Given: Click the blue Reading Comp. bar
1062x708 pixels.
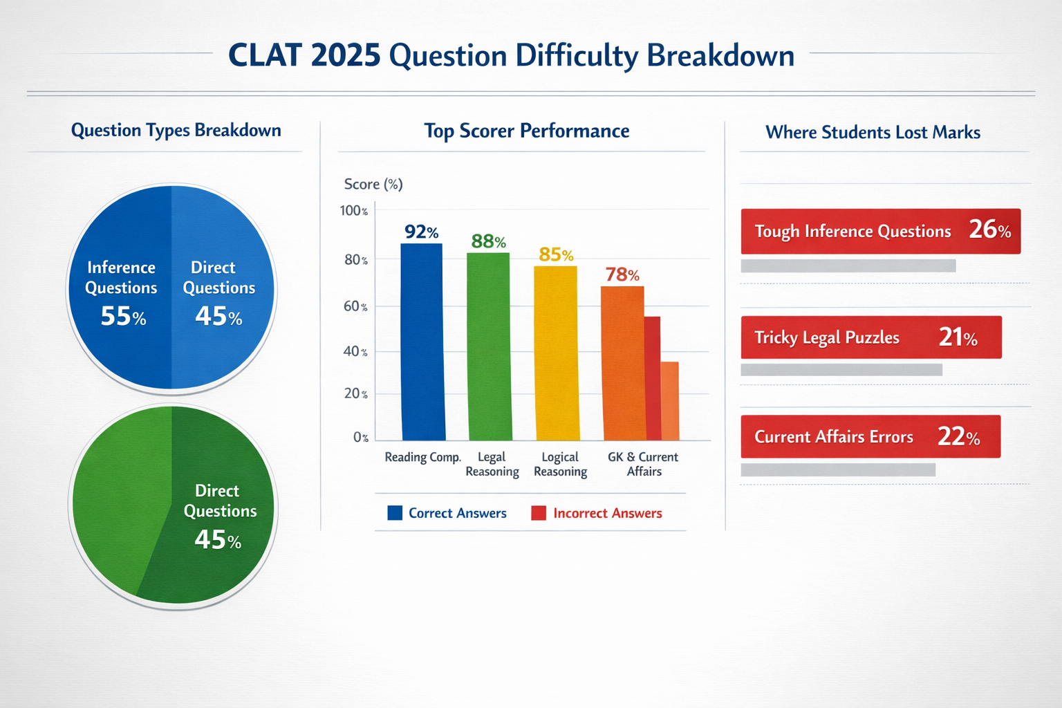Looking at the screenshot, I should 422,342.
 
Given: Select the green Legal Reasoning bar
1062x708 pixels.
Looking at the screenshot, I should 489,346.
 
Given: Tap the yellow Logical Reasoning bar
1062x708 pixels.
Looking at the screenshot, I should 556,353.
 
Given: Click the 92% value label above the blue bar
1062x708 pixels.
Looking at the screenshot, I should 421,232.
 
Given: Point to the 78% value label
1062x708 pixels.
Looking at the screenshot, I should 622,274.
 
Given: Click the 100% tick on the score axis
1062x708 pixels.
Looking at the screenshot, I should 353,211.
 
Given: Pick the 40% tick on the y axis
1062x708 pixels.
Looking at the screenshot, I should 355,351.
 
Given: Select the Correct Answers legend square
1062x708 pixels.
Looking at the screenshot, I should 395,513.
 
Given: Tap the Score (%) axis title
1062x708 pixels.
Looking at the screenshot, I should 373,184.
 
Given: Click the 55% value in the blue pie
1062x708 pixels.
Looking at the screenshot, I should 123,317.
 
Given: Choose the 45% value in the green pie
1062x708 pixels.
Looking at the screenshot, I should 218,540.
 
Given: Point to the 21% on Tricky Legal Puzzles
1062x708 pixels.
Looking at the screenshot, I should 958,337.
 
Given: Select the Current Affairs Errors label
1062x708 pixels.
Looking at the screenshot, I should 833,437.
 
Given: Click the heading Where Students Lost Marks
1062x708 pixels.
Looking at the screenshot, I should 873,132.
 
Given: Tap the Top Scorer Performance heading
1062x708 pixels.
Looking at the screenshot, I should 526,131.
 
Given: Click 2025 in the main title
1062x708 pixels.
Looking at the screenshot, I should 345,56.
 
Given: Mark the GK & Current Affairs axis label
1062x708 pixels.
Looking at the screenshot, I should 643,464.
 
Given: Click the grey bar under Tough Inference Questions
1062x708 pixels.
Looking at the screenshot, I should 848,265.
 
